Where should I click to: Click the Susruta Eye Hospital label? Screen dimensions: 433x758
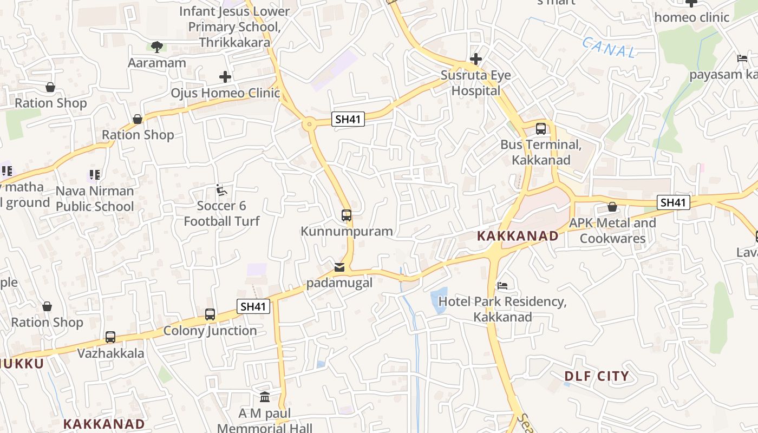(x=476, y=83)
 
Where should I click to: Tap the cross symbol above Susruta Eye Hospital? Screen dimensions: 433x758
(x=476, y=58)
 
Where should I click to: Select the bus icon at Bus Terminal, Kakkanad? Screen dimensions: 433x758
(x=541, y=129)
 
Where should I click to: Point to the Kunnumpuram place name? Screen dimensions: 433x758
(x=347, y=231)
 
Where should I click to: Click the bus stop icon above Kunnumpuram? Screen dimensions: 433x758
(x=347, y=215)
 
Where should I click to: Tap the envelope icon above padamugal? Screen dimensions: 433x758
(x=339, y=267)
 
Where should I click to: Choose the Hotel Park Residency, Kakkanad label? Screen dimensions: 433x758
(x=502, y=309)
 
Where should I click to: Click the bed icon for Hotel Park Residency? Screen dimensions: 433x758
(x=502, y=285)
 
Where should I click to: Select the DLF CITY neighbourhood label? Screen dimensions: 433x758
(x=597, y=376)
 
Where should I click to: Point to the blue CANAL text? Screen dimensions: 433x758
(x=610, y=48)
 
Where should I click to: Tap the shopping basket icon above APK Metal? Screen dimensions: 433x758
(x=612, y=207)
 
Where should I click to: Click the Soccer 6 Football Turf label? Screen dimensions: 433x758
(x=221, y=213)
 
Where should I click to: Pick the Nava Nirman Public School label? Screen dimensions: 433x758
(x=95, y=199)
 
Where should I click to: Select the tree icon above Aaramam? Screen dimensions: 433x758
(x=157, y=47)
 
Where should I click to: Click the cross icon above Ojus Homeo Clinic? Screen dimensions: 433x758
(x=225, y=77)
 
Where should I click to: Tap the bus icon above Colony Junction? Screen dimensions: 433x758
(x=210, y=314)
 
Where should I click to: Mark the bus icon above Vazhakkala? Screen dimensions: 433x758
(x=110, y=337)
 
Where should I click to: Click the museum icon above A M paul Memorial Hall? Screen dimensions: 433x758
(x=265, y=397)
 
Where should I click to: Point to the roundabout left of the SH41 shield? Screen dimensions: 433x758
(x=310, y=124)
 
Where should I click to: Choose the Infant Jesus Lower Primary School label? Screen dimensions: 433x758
(x=234, y=27)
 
